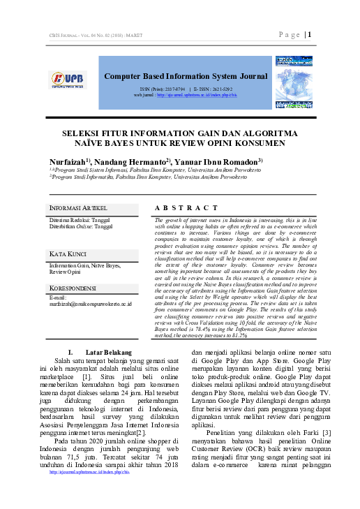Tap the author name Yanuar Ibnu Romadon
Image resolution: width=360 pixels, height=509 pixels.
pyautogui.click(x=219, y=161)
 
